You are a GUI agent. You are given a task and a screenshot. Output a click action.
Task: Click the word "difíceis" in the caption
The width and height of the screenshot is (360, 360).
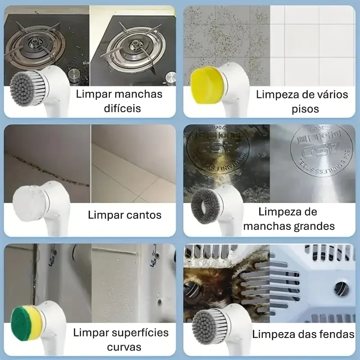[x=122, y=108]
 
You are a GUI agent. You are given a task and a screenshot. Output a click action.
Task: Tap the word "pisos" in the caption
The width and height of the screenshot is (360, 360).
[x=305, y=109]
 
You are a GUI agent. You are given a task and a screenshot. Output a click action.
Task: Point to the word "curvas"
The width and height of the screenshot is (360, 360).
[x=124, y=347]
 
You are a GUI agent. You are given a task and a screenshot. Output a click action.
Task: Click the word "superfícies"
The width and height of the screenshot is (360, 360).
[x=137, y=333]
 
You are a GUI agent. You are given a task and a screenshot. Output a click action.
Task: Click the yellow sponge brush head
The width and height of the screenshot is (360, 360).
[x=206, y=85]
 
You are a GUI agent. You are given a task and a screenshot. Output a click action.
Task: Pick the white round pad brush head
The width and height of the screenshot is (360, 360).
[x=28, y=204]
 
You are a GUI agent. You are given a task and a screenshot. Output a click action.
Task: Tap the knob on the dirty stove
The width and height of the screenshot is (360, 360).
[x=74, y=75]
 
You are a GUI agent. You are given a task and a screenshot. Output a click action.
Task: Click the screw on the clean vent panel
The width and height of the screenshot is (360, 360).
[x=342, y=288]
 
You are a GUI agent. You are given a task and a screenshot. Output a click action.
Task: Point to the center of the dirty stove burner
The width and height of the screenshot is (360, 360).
[x=34, y=42]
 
